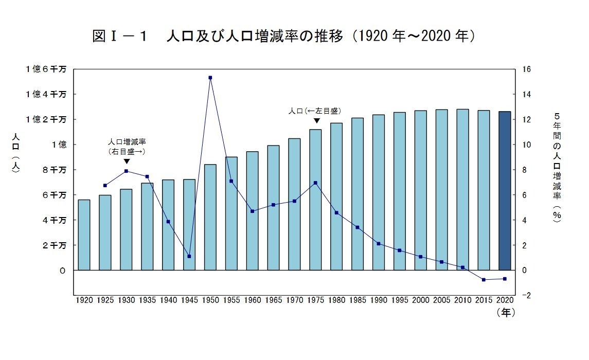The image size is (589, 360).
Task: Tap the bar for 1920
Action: click(84, 235)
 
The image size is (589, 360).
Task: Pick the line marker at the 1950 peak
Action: click(210, 78)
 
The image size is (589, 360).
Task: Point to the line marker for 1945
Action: click(189, 256)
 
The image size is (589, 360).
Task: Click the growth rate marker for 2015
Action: click(484, 280)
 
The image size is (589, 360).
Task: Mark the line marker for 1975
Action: click(315, 183)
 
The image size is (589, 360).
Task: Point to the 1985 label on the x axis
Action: click(358, 299)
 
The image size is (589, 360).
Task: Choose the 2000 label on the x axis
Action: click(421, 299)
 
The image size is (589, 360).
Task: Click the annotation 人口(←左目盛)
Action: click(315, 111)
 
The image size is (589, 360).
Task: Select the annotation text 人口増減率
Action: click(127, 141)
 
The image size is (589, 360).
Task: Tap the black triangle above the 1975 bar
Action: click(317, 121)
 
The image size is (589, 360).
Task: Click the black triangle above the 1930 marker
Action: click(127, 161)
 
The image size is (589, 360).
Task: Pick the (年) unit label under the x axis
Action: click(505, 312)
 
